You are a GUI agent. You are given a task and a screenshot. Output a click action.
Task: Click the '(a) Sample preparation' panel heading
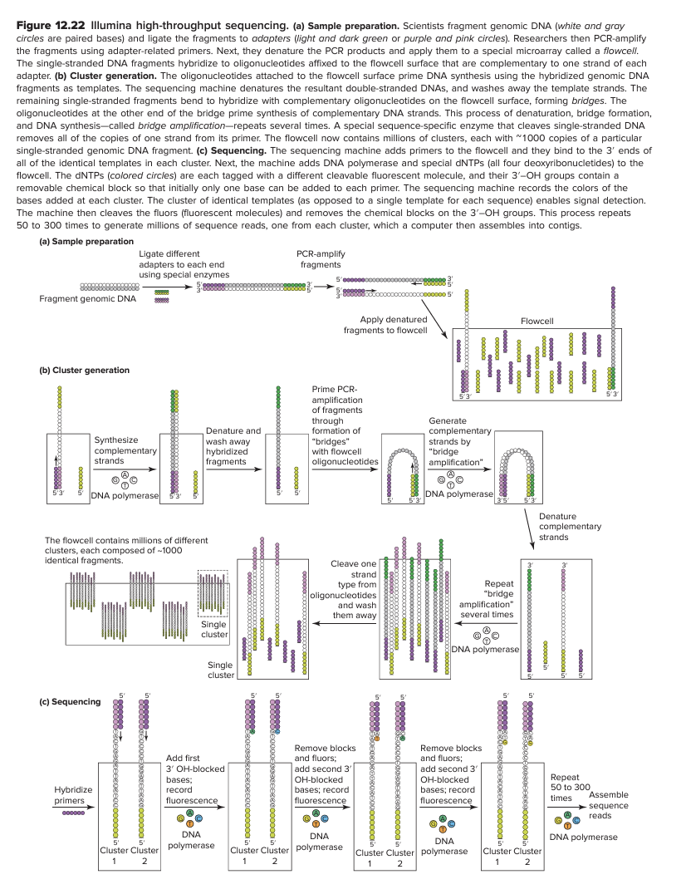86,241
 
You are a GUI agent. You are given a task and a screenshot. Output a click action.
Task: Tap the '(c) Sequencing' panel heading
71,701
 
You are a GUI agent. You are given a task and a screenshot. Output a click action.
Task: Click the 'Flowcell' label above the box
537,320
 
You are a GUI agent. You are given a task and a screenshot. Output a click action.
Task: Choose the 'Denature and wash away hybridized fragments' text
233,445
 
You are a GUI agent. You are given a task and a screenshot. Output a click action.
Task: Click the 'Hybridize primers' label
72,794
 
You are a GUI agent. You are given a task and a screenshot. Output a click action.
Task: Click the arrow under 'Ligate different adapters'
160,286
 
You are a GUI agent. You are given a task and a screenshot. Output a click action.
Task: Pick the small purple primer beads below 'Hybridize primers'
73,813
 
